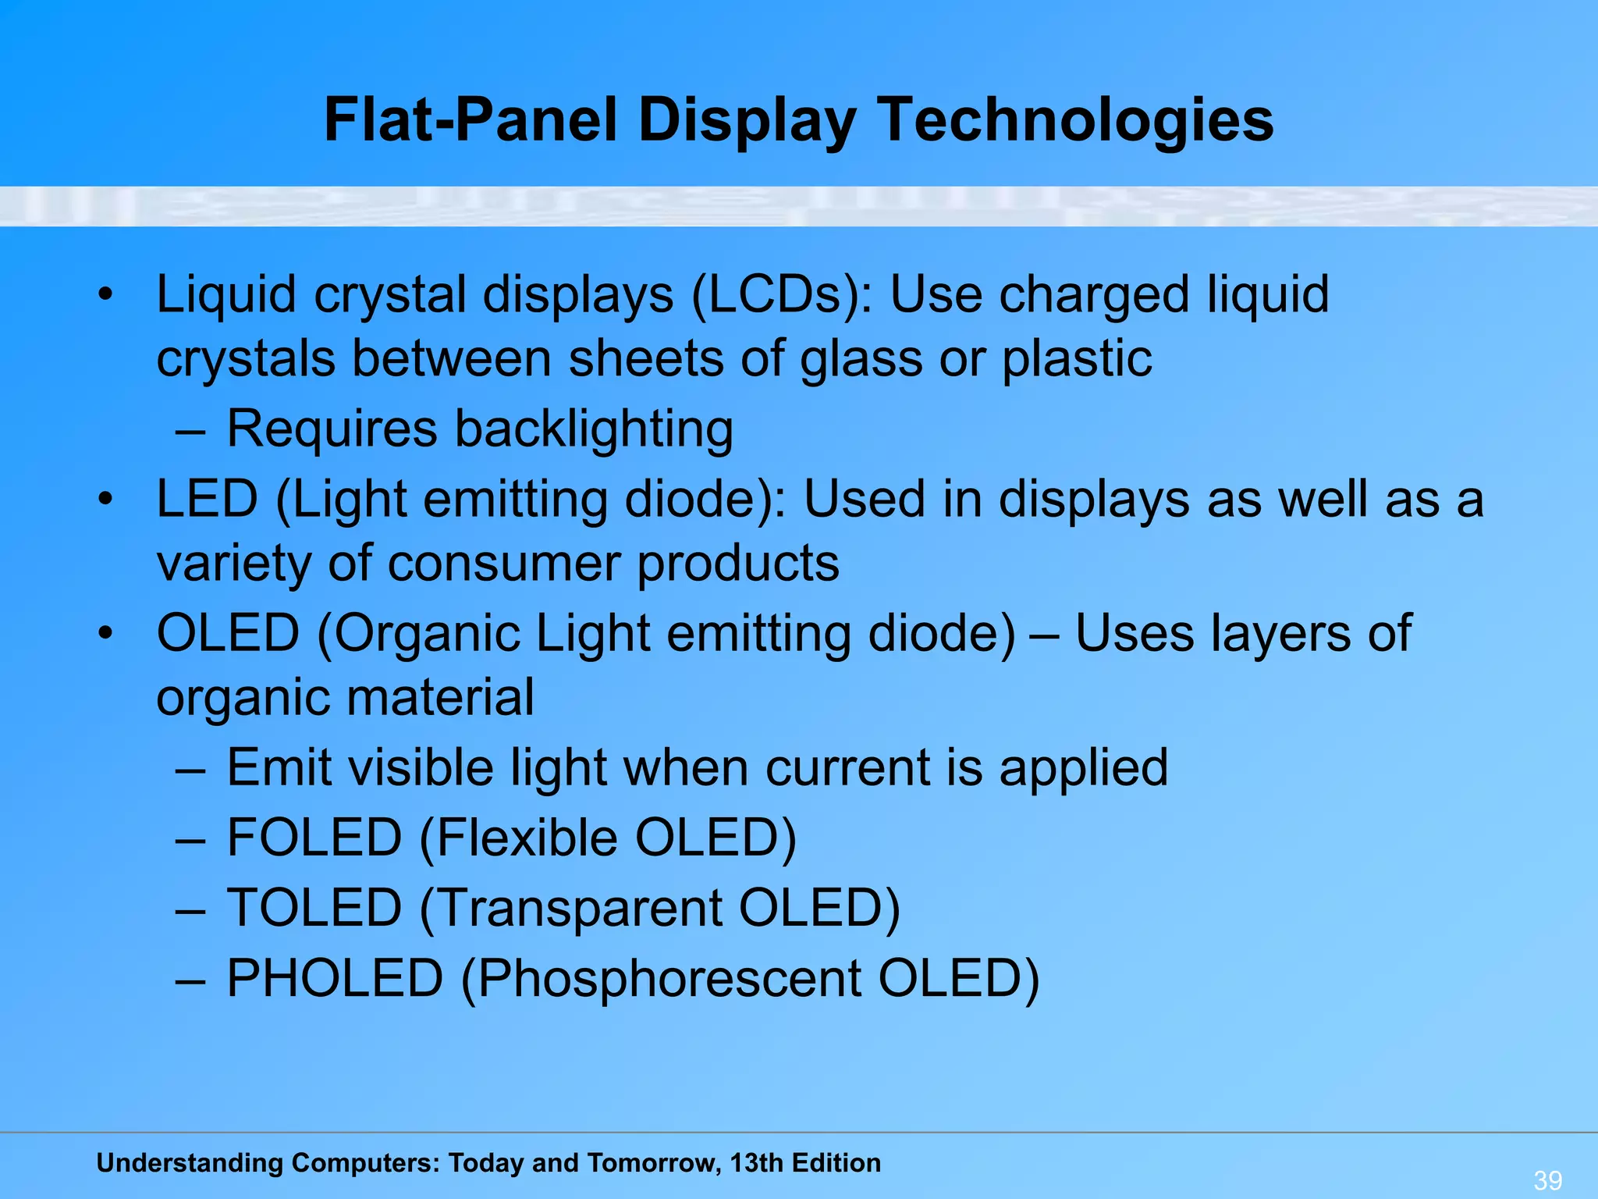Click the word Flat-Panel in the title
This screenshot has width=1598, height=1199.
[471, 121]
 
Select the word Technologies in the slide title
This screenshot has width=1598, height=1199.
[1078, 121]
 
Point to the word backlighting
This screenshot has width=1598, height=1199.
[594, 429]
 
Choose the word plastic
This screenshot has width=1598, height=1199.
[1077, 359]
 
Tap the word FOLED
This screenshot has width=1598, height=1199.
[314, 838]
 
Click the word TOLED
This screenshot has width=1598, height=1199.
[314, 909]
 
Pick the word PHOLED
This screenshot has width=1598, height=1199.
[335, 979]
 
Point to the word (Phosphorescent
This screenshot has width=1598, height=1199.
[661, 979]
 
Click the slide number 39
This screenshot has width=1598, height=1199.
[1548, 1179]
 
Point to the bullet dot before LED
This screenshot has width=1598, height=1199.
[106, 499]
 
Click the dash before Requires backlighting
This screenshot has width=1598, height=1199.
[190, 430]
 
